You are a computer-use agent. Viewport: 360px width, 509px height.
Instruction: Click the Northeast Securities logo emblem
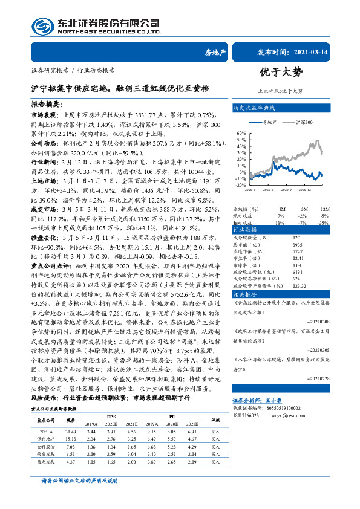42,27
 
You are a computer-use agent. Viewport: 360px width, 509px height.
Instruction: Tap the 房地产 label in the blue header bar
215,53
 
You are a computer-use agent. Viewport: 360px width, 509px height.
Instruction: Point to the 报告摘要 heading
46,105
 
